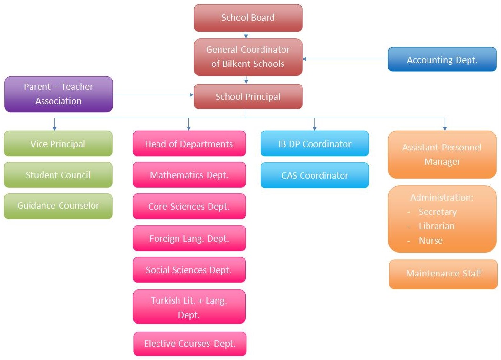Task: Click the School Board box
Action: (x=248, y=18)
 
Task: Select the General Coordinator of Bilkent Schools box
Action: (x=248, y=57)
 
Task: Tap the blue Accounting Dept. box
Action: (x=442, y=60)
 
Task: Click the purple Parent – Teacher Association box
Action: (x=58, y=94)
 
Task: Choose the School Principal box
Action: (x=248, y=96)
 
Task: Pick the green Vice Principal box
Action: (x=58, y=144)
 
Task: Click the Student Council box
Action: (x=58, y=175)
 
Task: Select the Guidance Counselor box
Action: (x=58, y=206)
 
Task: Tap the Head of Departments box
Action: (x=189, y=144)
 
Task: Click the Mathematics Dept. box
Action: (x=189, y=175)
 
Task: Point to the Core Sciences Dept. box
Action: (x=189, y=206)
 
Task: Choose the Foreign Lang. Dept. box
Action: (x=189, y=238)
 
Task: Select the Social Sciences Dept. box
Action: (x=189, y=270)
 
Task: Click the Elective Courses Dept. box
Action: (x=189, y=344)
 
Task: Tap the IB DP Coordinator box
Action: (x=314, y=144)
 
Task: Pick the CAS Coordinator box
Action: (x=314, y=175)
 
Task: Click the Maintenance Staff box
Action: (x=443, y=274)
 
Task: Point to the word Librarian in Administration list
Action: (x=436, y=226)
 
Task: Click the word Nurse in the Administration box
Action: (x=430, y=241)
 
